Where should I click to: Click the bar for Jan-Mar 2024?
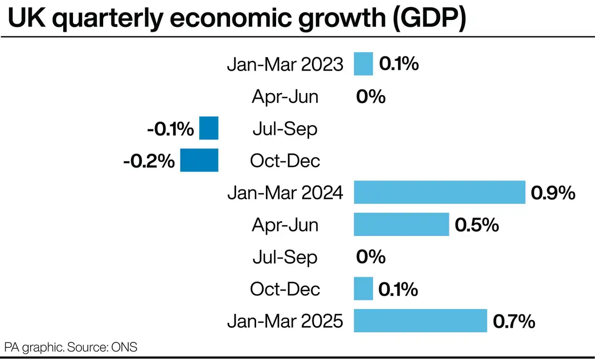coord(439,192)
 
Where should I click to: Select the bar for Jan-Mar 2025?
coord(420,320)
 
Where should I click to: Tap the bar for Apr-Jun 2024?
coord(401,224)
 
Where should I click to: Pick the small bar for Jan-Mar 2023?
coord(363,64)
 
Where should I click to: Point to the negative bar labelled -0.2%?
coord(199,160)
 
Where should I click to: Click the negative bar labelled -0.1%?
coord(209,128)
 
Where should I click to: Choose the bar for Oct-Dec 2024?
coord(363,288)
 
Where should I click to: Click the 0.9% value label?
coord(553,193)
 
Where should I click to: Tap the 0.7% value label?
coord(514,321)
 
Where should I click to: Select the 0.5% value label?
coord(476,225)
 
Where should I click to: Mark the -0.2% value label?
coord(149,161)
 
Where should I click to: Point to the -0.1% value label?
coord(170,129)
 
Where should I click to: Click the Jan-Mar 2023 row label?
coord(285,65)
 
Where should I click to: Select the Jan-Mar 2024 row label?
coord(285,193)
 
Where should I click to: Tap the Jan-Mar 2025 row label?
coord(285,321)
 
